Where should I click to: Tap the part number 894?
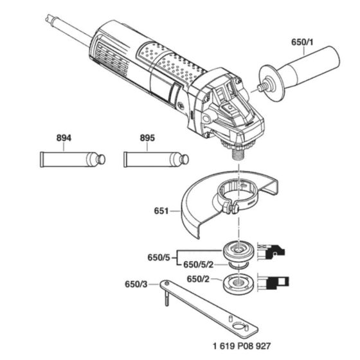64,138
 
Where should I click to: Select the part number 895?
147,138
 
